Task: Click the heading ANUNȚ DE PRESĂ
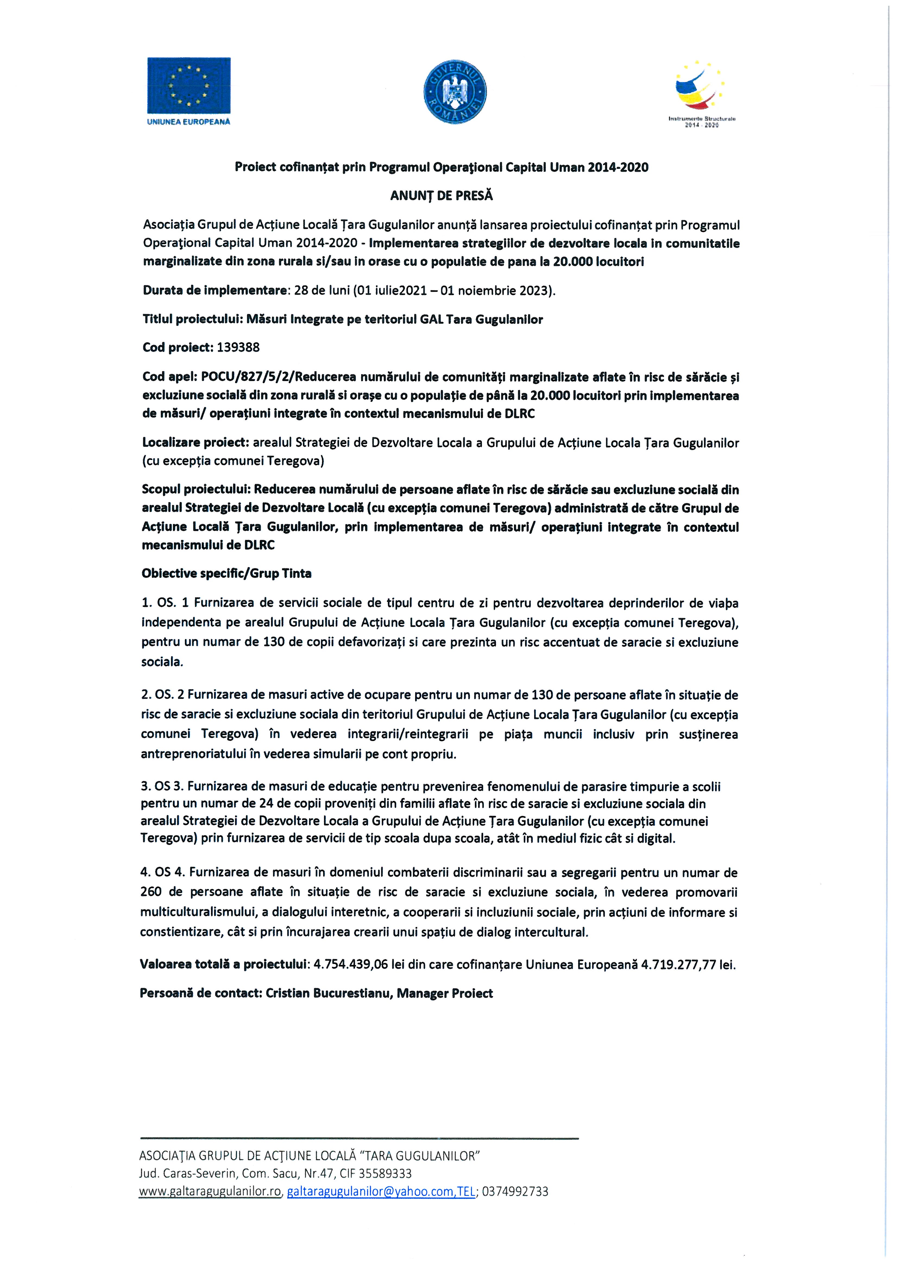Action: click(x=442, y=196)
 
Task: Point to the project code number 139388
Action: click(x=238, y=347)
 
